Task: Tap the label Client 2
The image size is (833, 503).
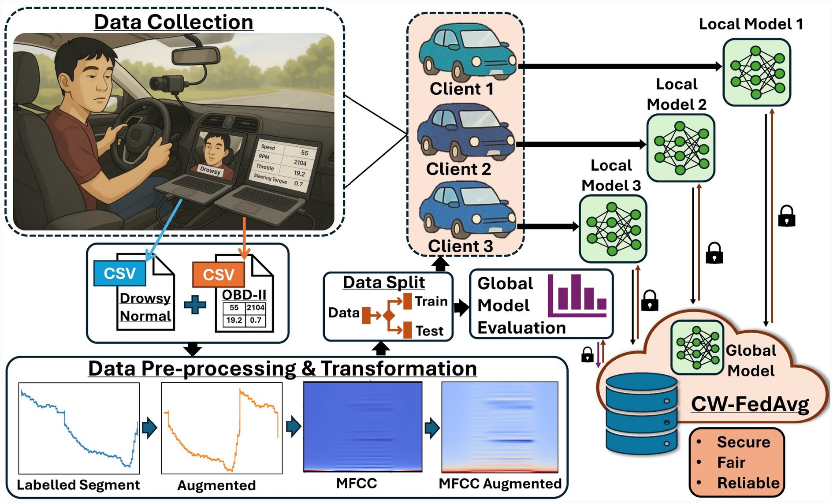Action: coord(458,169)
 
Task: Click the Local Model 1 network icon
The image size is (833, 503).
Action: coord(756,72)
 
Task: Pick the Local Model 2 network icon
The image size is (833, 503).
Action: coord(680,148)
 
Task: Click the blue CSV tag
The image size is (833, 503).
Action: coord(120,273)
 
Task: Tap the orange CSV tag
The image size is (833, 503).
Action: coord(218,275)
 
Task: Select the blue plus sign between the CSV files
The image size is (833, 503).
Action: coord(195,305)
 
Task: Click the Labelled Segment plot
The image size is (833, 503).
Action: coord(79,428)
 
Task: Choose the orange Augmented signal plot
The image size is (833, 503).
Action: coord(222,428)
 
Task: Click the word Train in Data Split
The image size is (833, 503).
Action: coord(431,302)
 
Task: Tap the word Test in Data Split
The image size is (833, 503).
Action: coord(429,331)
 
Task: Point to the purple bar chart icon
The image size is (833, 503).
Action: coord(577,295)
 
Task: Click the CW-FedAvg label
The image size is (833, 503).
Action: coord(750,404)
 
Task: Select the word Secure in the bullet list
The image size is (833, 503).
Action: coord(743,442)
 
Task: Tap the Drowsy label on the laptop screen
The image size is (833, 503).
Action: coord(210,171)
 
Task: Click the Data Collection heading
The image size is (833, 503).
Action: coord(174,22)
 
